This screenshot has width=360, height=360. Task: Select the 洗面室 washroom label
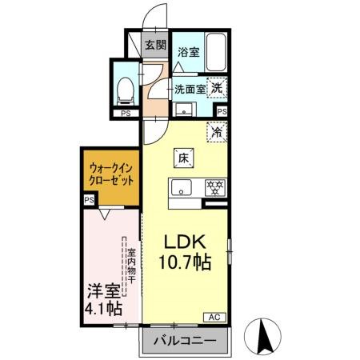[190, 89]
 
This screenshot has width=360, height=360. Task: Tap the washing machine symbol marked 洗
[218, 89]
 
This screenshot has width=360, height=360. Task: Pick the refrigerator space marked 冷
[216, 131]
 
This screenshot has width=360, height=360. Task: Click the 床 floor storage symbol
[183, 158]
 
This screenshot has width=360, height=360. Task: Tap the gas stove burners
[214, 190]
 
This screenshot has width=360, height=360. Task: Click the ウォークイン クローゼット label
[110, 174]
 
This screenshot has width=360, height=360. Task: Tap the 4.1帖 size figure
[104, 307]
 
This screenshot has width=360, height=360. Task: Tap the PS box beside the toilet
[125, 113]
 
